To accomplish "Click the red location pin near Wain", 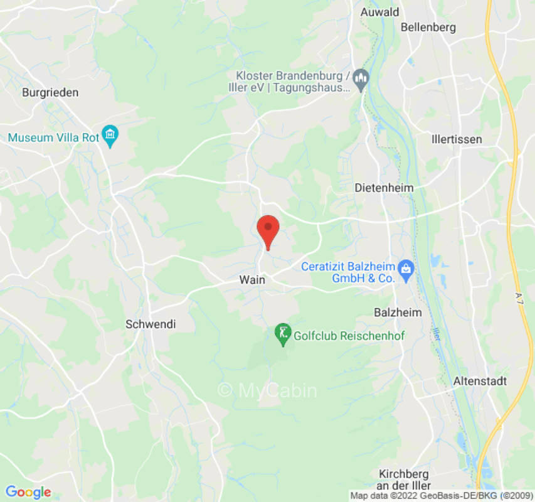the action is (268, 230).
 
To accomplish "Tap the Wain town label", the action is (252, 280).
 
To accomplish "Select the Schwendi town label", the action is (151, 324).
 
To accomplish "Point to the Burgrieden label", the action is (50, 92).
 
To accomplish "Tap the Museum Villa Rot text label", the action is (54, 137).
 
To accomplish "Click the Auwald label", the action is (380, 11).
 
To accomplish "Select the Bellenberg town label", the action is (428, 27).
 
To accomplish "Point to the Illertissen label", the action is (457, 139).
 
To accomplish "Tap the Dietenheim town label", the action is (384, 188).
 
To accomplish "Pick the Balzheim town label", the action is (398, 312).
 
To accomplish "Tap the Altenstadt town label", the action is (480, 381).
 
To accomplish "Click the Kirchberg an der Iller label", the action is (405, 480).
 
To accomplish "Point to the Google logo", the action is (28, 493).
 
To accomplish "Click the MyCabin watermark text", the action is (267, 390).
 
